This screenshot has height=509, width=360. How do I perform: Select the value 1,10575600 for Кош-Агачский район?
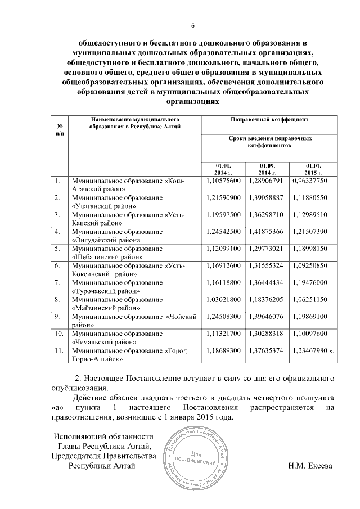coord(223,180)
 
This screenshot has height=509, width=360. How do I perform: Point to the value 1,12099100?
coord(223,248)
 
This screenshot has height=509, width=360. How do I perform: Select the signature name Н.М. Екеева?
coord(310,465)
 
